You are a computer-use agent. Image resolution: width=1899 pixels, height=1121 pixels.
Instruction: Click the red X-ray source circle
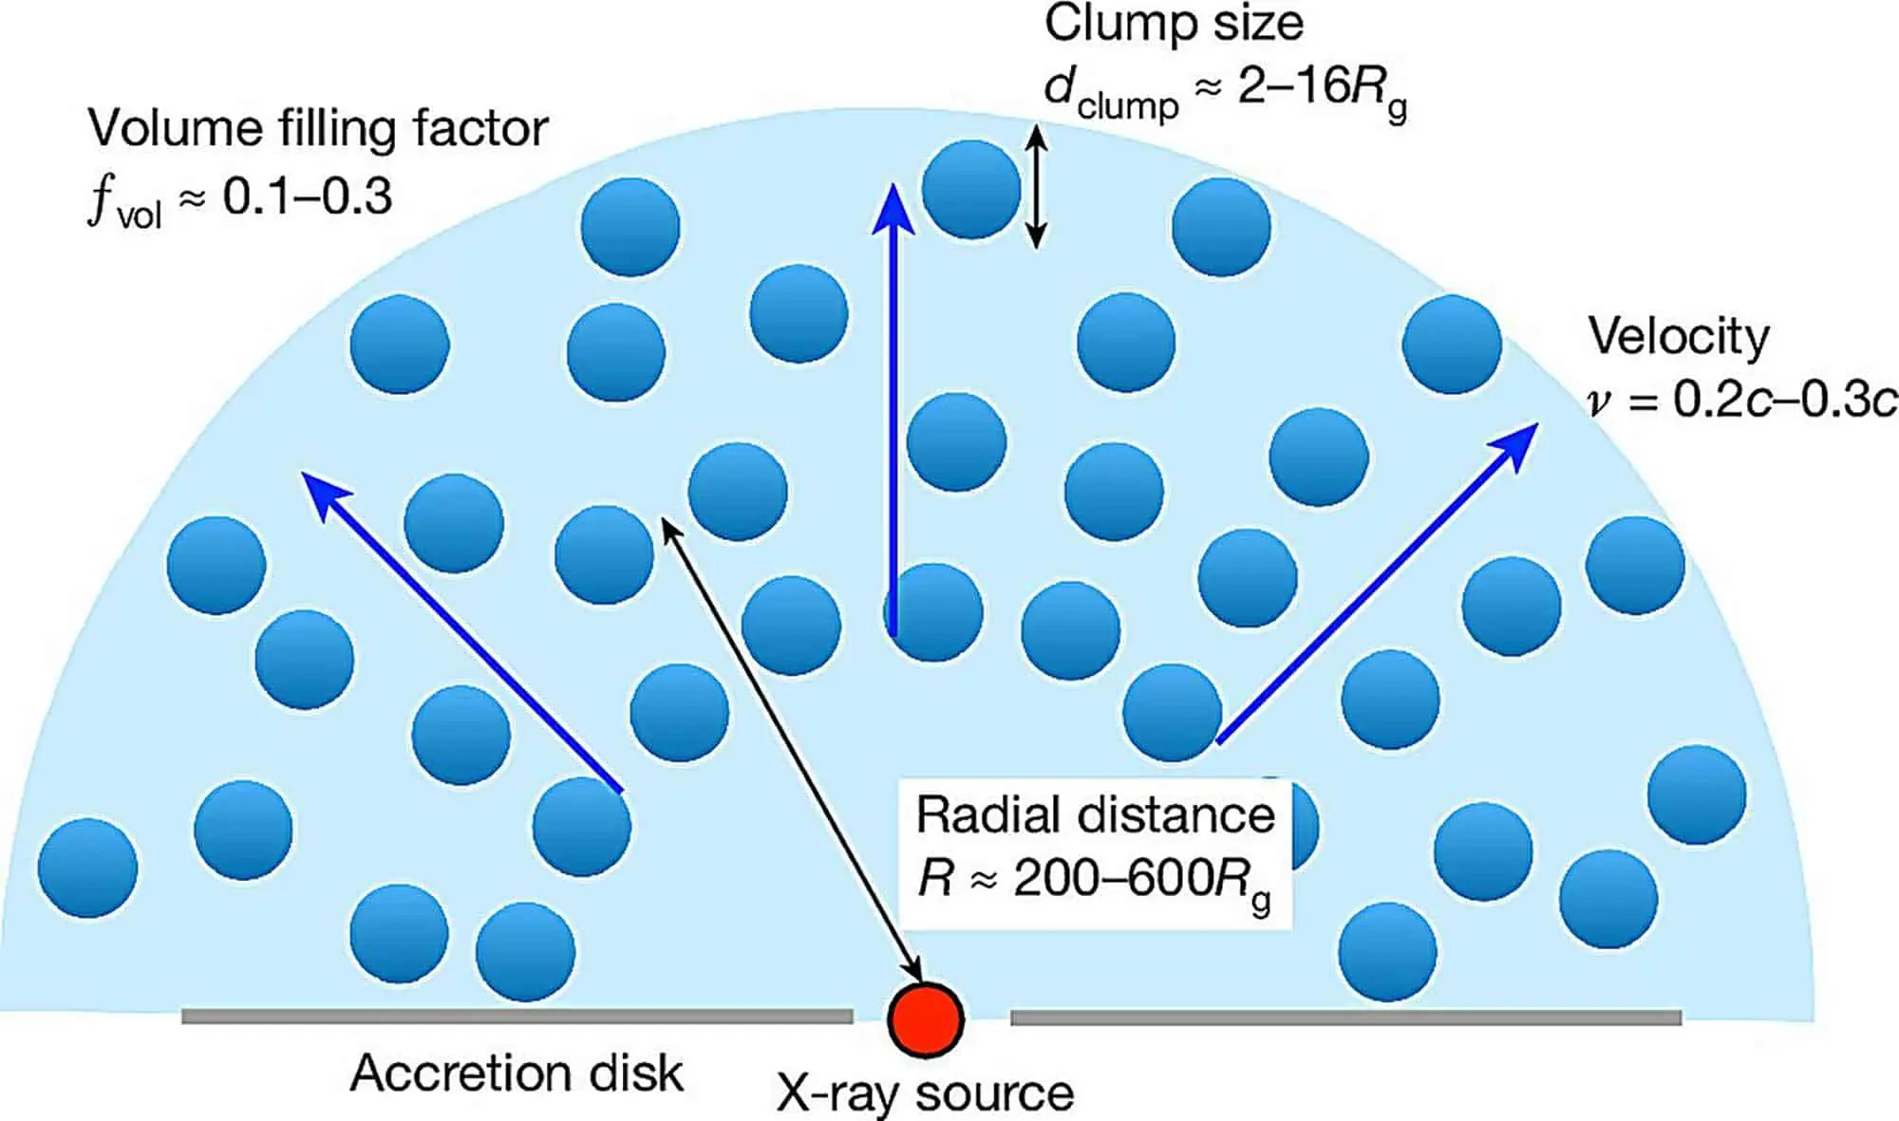point(926,1018)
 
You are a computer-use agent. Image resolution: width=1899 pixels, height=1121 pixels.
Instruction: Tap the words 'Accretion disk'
point(517,1074)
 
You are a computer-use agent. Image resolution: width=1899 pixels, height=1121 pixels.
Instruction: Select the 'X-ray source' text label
point(926,1093)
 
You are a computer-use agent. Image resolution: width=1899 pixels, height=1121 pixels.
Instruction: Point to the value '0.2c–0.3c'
point(1785,401)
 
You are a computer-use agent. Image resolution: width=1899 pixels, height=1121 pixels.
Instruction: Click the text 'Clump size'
point(1174,25)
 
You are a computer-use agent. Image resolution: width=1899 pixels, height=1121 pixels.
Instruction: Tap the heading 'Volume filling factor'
point(318,129)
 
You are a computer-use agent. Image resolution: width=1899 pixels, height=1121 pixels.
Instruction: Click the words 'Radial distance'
point(1095,814)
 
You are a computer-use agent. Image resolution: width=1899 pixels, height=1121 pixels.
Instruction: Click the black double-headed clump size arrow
point(1037,188)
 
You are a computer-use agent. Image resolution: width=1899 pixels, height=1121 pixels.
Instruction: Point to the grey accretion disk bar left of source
point(517,1017)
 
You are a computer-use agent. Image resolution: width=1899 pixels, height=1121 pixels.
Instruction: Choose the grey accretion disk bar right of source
point(1345,1018)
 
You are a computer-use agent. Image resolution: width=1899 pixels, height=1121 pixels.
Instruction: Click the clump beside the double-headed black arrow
point(970,189)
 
